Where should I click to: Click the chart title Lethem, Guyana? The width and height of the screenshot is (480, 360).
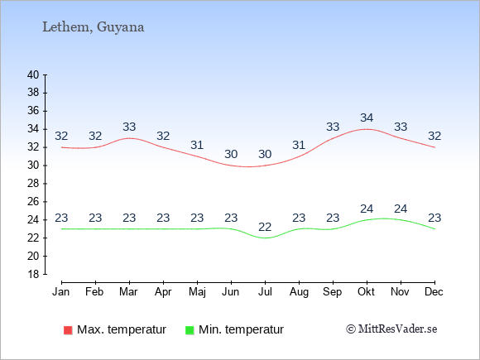93,27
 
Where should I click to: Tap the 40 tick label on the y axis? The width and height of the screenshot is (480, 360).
33,74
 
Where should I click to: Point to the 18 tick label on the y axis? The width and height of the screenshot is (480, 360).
33,274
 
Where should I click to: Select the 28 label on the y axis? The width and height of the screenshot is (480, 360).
33,184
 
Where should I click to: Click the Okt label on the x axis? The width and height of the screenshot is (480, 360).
366,292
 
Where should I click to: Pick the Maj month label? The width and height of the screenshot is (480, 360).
197,292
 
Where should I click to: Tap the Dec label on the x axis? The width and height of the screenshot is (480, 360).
434,292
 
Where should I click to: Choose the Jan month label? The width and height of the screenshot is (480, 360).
61,292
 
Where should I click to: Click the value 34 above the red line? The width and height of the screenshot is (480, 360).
367,118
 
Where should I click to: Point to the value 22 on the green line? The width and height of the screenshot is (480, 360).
265,227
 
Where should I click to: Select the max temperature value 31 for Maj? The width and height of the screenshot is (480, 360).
197,145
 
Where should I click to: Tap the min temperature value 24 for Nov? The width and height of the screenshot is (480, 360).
401,209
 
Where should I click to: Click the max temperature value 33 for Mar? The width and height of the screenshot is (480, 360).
129,127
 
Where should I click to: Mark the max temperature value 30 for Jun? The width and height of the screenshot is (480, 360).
231,154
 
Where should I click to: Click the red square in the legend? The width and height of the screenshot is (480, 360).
68,330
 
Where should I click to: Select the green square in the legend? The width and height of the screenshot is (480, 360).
190,330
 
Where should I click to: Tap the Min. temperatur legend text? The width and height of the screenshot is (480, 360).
241,329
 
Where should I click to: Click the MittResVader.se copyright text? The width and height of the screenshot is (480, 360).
391,329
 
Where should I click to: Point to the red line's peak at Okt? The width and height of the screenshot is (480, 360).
367,129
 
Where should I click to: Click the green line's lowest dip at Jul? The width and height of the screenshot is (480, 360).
265,238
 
